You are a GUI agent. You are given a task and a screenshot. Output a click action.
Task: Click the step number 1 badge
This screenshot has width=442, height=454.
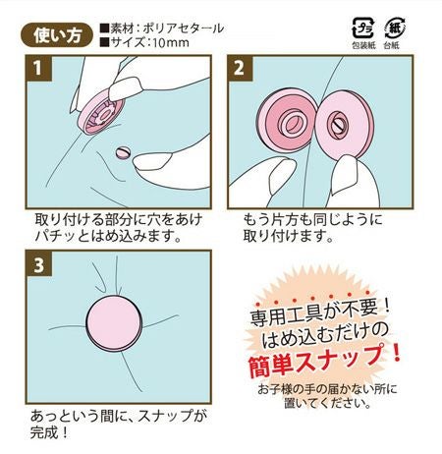[x=38, y=68]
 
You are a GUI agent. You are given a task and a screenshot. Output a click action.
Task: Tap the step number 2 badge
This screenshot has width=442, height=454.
[x=240, y=68]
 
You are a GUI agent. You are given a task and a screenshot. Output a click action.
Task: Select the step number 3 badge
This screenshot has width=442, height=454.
[x=38, y=264]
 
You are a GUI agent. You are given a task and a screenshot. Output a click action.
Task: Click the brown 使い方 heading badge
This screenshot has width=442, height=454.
[x=57, y=35]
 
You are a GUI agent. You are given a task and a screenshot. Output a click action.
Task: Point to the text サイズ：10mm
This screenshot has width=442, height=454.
[x=145, y=42]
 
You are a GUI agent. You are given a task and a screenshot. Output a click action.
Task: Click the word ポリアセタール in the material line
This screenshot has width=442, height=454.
[x=184, y=28]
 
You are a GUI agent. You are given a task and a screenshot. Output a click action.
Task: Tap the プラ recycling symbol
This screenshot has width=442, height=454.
[x=362, y=28]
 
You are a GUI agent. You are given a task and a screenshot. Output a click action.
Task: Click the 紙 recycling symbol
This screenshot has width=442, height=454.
[x=395, y=28]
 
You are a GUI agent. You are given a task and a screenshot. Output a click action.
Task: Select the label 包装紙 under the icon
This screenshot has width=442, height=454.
[x=363, y=45]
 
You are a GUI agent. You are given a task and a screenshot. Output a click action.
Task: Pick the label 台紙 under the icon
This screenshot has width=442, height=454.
[x=391, y=45]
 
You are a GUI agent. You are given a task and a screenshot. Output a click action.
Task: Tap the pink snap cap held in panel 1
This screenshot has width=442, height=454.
[x=100, y=115]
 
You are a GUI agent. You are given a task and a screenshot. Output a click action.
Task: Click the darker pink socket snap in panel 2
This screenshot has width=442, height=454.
[x=287, y=123]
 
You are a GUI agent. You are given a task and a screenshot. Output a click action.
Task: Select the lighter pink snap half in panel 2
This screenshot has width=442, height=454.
[x=344, y=125]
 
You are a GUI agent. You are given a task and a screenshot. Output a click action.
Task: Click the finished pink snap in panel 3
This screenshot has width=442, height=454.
[x=114, y=323]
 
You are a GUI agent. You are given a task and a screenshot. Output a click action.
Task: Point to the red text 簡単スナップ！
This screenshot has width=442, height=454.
[x=324, y=360]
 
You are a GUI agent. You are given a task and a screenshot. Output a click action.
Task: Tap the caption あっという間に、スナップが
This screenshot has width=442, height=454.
[x=119, y=416]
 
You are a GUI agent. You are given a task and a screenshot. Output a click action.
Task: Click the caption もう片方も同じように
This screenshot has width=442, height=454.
[x=312, y=219]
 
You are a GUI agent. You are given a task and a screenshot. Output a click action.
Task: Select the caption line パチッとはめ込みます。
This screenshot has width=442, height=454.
[x=108, y=236]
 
